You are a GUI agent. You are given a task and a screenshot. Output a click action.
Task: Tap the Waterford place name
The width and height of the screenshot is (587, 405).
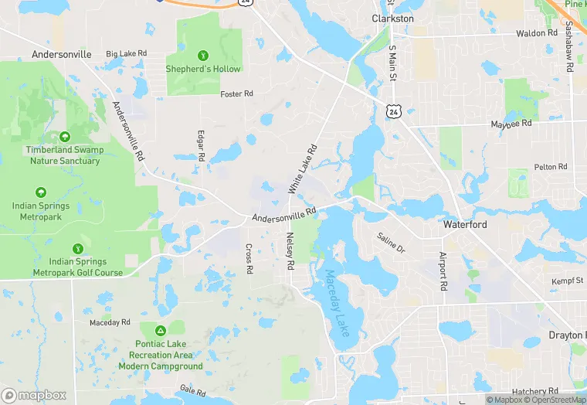(x=465, y=224)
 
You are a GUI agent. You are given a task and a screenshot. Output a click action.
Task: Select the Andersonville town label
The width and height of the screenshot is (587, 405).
(x=62, y=55)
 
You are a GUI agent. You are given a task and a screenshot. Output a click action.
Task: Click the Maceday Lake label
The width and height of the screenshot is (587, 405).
(x=338, y=302)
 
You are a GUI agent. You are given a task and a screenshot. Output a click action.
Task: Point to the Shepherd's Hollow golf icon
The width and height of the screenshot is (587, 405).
(x=203, y=55)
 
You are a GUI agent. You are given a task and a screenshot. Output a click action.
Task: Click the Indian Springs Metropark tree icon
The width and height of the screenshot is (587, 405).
(x=40, y=192)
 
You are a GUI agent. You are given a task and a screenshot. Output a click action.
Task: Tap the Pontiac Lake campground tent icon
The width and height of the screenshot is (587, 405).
(x=161, y=330)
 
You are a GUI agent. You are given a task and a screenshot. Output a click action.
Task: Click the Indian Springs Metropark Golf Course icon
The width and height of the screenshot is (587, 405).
(x=77, y=249)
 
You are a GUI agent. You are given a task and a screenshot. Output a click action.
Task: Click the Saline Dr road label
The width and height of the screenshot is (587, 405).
(x=391, y=243)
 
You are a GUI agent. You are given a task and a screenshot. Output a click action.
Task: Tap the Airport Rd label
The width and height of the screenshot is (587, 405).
(x=443, y=271)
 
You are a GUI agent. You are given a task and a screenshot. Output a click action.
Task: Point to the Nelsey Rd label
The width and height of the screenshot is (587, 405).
(x=290, y=251)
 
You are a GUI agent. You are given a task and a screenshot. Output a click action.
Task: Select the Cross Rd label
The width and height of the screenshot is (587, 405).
(x=249, y=259)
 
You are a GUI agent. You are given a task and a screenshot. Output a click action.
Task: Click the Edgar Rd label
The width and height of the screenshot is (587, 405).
(x=201, y=145)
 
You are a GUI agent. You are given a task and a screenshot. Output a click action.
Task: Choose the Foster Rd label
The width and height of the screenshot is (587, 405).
(x=236, y=94)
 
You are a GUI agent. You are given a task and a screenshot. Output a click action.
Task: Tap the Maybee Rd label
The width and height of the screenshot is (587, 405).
(x=511, y=124)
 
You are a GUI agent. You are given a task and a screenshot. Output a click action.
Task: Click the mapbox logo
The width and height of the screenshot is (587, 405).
(x=35, y=395)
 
